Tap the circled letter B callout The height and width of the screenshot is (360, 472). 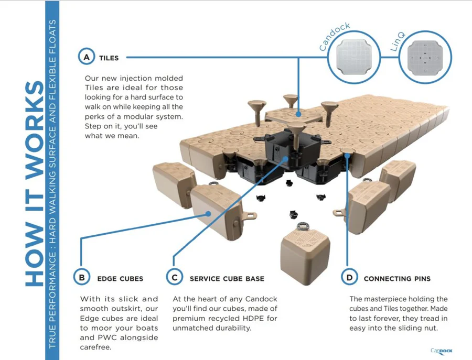pos(82,277)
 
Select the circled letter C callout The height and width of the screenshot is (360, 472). pos(174,277)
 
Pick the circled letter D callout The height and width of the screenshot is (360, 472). pos(349,277)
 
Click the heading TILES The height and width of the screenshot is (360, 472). pos(109,58)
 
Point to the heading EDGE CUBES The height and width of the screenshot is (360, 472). pos(120,278)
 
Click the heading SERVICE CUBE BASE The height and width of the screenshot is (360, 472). pos(227,278)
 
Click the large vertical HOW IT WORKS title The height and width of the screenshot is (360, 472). pos(34,183)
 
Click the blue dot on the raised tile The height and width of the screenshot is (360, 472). pos(298,113)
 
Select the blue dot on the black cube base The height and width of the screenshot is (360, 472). pos(286,157)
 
